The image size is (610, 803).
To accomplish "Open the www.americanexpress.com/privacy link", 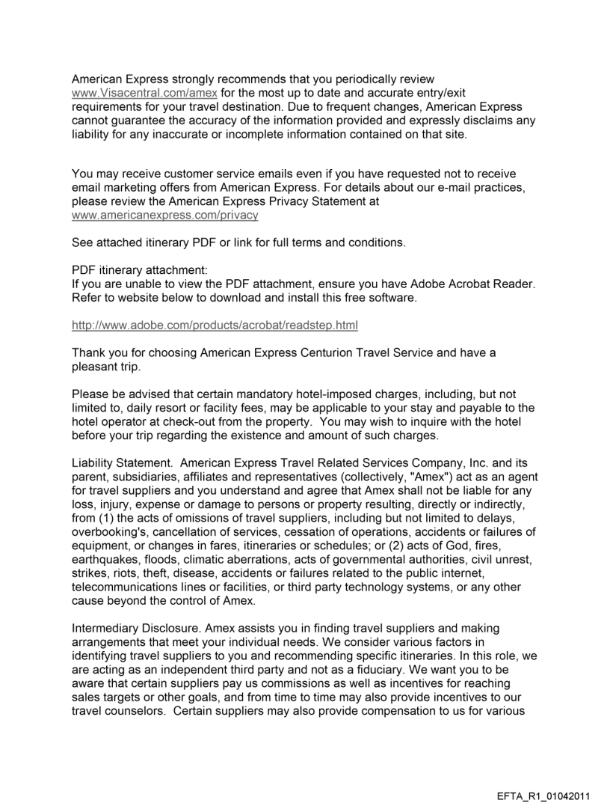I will (x=164, y=215).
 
